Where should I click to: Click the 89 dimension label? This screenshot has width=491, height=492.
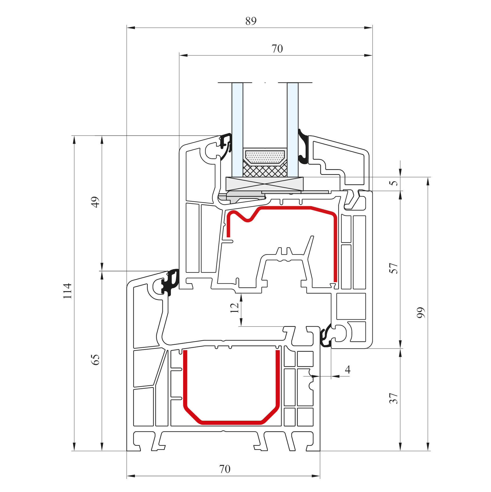tap(251, 21)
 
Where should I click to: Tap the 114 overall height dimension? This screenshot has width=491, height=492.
tap(67, 291)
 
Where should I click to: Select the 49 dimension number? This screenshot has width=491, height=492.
tap(95, 202)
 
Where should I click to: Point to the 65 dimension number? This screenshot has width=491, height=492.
tap(95, 360)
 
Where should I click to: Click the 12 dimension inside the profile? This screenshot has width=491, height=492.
tap(234, 308)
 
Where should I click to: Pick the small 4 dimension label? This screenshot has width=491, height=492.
tap(348, 369)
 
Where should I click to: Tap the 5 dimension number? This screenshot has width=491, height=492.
tap(393, 183)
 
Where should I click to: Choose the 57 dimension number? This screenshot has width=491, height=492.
tap(393, 268)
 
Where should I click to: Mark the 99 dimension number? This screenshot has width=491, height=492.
tap(421, 313)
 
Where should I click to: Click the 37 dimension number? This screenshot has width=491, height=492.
tap(393, 398)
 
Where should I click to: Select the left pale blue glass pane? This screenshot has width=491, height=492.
tap(237, 130)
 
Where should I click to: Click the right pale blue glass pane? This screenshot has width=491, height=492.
tap(293, 130)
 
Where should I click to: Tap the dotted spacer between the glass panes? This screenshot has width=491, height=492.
tap(265, 157)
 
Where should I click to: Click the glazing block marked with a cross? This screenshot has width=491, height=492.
tap(265, 184)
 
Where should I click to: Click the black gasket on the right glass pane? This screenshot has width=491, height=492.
tap(303, 147)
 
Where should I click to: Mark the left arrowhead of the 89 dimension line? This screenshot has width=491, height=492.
tap(131, 28)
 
